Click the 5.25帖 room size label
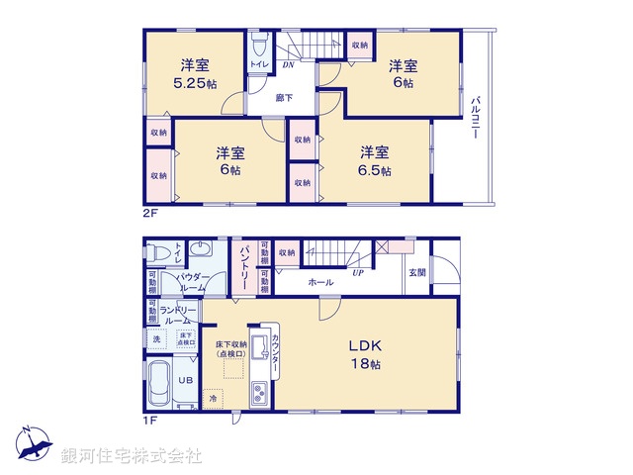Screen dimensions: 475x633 194,84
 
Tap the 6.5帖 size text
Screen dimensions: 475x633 374,170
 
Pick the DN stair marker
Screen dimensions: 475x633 287,65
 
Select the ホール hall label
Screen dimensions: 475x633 319,282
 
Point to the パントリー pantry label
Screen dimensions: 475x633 243,266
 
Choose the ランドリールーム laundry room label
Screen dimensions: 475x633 179,314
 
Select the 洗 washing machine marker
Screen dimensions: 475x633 156,339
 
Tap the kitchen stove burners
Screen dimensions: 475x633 259,395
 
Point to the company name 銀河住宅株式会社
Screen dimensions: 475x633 131,455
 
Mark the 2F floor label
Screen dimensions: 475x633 148,211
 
